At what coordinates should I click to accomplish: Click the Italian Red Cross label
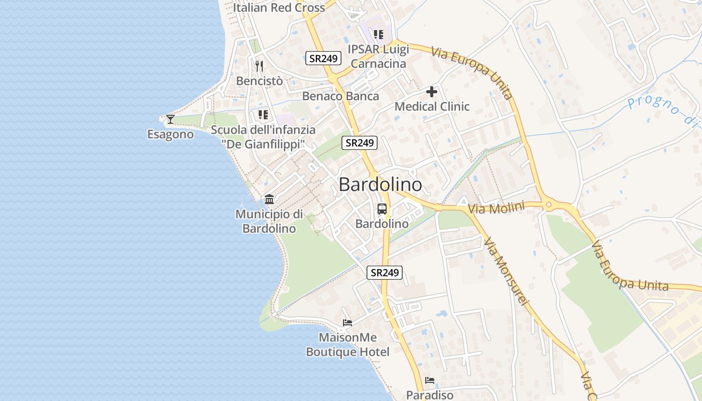tap(279, 8)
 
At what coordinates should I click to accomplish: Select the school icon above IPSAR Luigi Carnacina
tap(379, 35)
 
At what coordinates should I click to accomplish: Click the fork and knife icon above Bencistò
tap(259, 66)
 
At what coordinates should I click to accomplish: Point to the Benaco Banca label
tap(340, 96)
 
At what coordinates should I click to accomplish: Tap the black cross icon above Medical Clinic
tap(432, 92)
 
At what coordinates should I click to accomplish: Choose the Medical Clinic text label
tap(432, 106)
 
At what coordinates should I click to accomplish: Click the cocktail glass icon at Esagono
tap(170, 119)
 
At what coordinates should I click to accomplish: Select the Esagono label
tap(170, 134)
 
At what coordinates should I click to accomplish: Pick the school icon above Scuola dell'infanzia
tap(263, 115)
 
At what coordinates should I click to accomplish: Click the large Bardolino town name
tap(380, 184)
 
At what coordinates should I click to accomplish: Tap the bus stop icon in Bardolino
tap(382, 209)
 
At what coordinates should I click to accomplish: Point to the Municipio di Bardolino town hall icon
tap(269, 199)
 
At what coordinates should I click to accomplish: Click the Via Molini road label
tap(496, 208)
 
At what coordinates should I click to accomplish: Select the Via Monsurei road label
tap(506, 271)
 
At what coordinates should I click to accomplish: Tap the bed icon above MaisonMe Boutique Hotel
tap(347, 322)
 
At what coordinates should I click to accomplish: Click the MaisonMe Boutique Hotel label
tap(347, 345)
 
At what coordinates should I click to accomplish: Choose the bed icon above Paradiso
tap(430, 380)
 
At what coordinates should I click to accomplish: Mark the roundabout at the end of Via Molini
tap(549, 205)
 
